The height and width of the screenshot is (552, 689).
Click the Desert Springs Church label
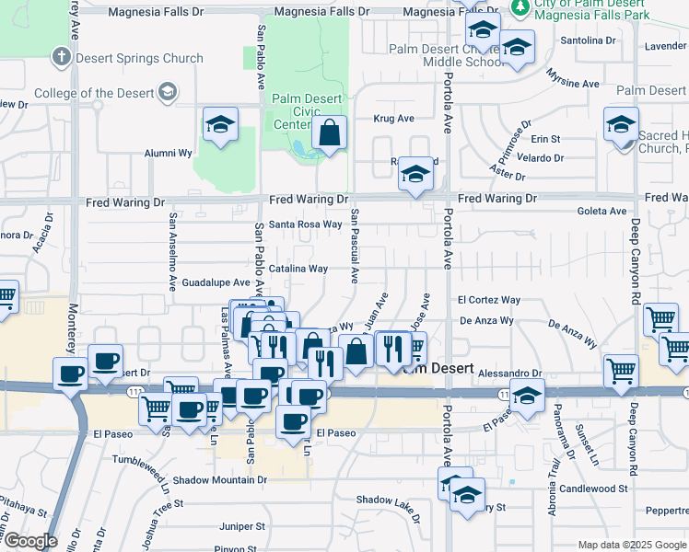point(139,58)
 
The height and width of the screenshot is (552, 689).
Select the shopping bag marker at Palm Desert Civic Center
point(329,133)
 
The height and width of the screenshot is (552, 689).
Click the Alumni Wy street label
point(167,154)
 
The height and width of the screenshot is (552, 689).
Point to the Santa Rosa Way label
point(306,224)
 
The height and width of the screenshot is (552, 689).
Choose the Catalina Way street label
point(298,269)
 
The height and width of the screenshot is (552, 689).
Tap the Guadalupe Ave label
point(216,282)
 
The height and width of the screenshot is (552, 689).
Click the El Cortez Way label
point(489,300)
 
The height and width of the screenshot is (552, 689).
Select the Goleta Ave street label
point(603,211)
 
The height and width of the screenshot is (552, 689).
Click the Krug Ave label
point(393,119)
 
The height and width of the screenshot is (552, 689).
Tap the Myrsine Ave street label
point(573,84)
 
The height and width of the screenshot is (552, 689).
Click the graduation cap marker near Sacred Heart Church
point(621,124)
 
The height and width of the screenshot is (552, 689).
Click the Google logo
point(29,541)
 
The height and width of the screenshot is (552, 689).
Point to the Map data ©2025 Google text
point(632,545)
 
